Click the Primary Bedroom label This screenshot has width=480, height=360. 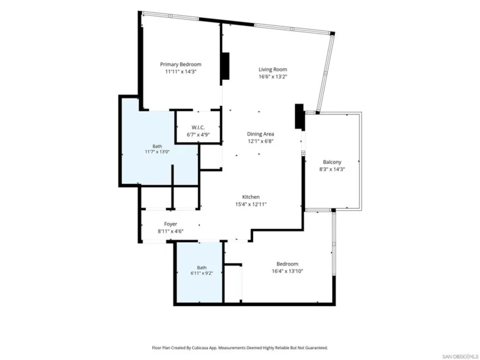(x=181, y=64)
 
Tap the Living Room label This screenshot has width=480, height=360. (x=272, y=69)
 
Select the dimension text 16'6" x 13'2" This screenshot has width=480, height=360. (x=272, y=76)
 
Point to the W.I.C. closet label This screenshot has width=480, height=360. (x=198, y=127)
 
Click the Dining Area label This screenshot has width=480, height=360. (x=260, y=134)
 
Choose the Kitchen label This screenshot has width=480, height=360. (x=251, y=197)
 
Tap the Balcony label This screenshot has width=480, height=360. (x=332, y=162)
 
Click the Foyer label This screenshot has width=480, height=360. (x=170, y=224)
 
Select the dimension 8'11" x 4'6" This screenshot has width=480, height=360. (x=170, y=231)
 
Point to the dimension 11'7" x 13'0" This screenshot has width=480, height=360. (x=157, y=152)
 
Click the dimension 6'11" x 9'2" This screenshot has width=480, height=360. (x=201, y=273)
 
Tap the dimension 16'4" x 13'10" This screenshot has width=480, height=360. (x=287, y=271)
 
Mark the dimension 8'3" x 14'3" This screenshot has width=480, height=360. (x=332, y=169)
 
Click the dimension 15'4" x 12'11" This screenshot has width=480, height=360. (x=251, y=204)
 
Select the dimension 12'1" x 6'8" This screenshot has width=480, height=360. (x=260, y=141)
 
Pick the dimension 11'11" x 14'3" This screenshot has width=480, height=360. (x=181, y=72)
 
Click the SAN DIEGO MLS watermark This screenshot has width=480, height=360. (x=460, y=356)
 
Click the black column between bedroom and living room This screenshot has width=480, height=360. (x=226, y=66)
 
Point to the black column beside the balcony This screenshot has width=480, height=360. (x=299, y=116)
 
